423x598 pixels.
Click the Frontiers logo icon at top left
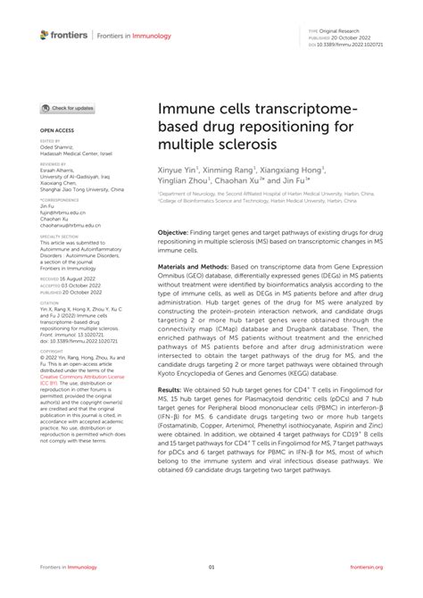tap(46, 35)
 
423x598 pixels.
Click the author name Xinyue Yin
tap(180, 167)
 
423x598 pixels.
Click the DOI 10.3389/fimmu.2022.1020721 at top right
tap(355, 43)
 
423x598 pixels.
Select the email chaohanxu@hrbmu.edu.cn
tap(67, 228)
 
